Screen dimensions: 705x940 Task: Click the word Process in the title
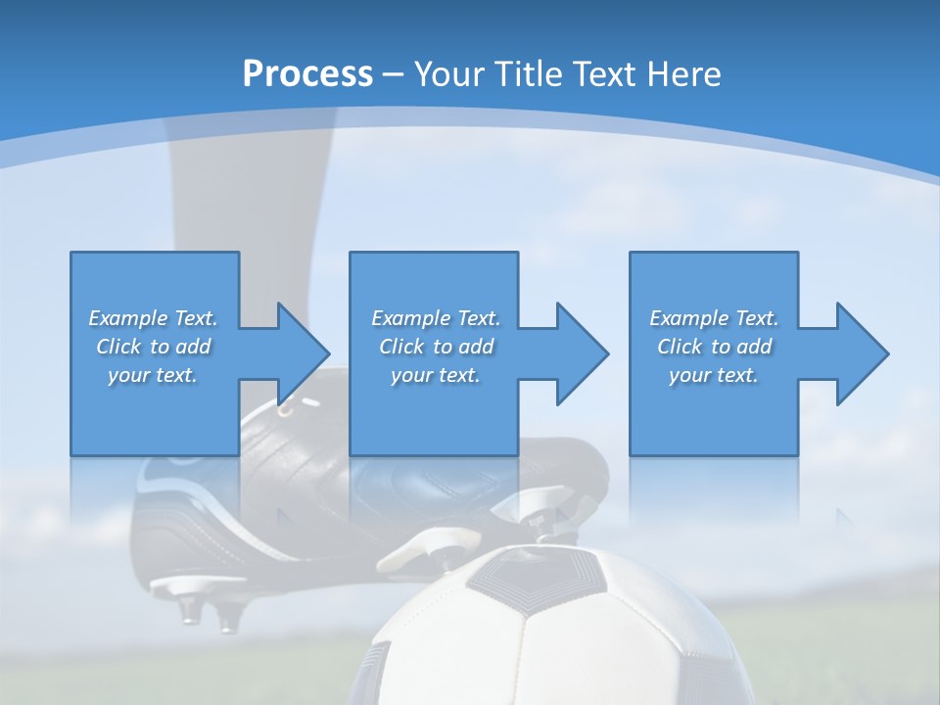pyautogui.click(x=307, y=73)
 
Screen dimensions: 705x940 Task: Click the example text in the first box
pyautogui.click(x=153, y=347)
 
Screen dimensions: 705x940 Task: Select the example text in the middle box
pyautogui.click(x=436, y=347)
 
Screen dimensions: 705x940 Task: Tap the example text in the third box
pyautogui.click(x=714, y=347)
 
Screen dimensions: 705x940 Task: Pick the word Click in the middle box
pyautogui.click(x=401, y=347)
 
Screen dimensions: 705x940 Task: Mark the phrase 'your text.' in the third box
pyautogui.click(x=714, y=375)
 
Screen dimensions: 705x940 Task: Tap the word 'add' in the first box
pyautogui.click(x=193, y=347)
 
